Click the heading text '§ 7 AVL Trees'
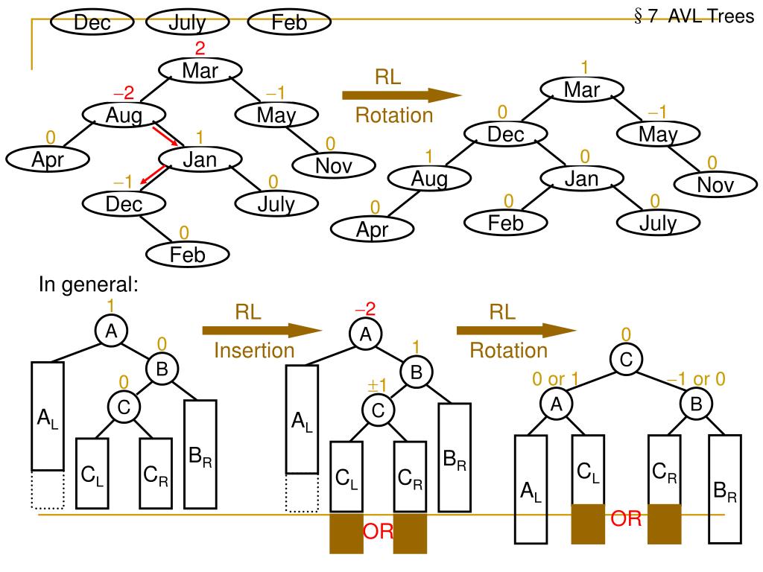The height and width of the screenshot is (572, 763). tap(694, 16)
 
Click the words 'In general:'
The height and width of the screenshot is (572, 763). tap(89, 287)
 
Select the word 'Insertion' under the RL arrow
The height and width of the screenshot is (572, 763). tap(254, 349)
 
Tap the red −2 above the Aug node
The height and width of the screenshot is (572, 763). tap(124, 93)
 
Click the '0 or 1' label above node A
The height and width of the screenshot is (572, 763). tap(555, 380)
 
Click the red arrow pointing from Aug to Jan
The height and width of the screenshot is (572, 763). tap(166, 135)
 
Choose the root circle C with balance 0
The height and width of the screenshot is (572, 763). tap(626, 360)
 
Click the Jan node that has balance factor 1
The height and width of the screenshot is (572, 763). tap(200, 159)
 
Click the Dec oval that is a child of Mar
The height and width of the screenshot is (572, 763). tap(506, 135)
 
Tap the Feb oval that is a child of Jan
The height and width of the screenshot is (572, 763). tap(506, 222)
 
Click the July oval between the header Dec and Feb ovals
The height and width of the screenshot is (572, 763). tap(187, 22)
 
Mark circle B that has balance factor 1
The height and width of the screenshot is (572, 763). tap(417, 371)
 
